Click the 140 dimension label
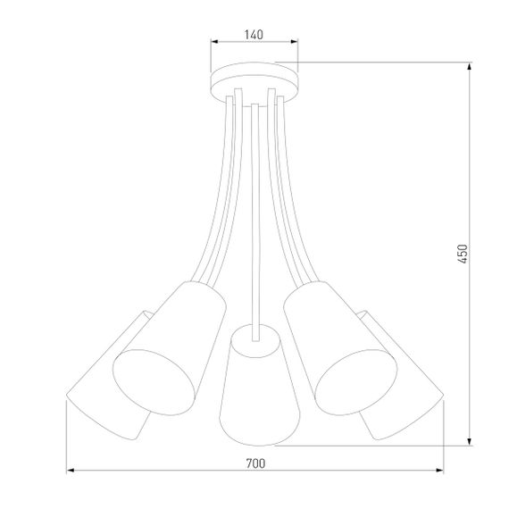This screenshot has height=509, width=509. point(253,35)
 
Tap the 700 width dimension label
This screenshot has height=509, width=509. point(255,463)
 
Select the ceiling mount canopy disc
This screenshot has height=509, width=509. point(254,81)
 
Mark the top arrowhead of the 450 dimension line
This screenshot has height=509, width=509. point(471,66)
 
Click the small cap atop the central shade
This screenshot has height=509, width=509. point(254,332)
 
